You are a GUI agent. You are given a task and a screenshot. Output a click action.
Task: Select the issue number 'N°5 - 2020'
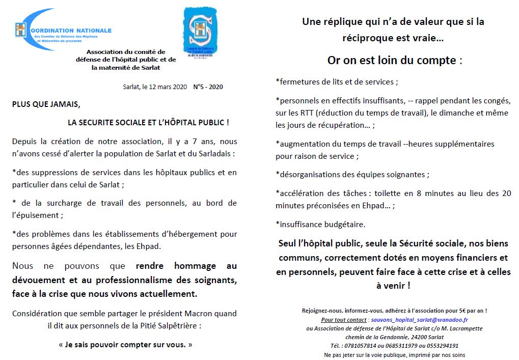click(x=208, y=87)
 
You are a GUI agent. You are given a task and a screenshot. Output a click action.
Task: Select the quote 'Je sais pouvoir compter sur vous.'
click(x=126, y=344)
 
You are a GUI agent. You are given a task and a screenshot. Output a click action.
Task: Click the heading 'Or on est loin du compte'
click(x=392, y=60)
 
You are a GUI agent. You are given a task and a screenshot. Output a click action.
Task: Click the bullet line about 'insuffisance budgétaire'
click(x=320, y=224)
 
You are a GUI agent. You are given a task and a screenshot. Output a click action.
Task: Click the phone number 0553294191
click(x=441, y=346)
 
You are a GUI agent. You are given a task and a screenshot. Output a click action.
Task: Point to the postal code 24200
click(x=419, y=337)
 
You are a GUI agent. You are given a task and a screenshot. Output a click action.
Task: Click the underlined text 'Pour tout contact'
click(x=344, y=320)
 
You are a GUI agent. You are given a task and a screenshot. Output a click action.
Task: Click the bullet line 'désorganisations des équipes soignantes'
click(x=352, y=174)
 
